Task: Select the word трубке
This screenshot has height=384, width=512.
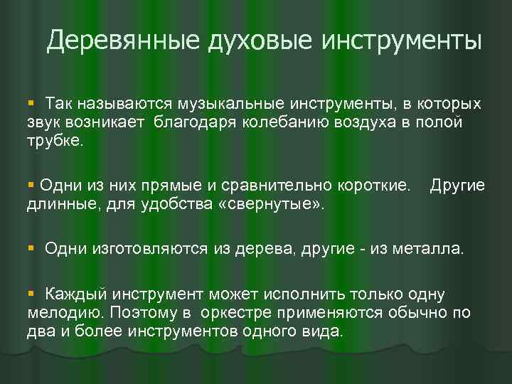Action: pos(55,140)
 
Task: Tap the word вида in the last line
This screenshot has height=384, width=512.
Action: pos(322,331)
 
